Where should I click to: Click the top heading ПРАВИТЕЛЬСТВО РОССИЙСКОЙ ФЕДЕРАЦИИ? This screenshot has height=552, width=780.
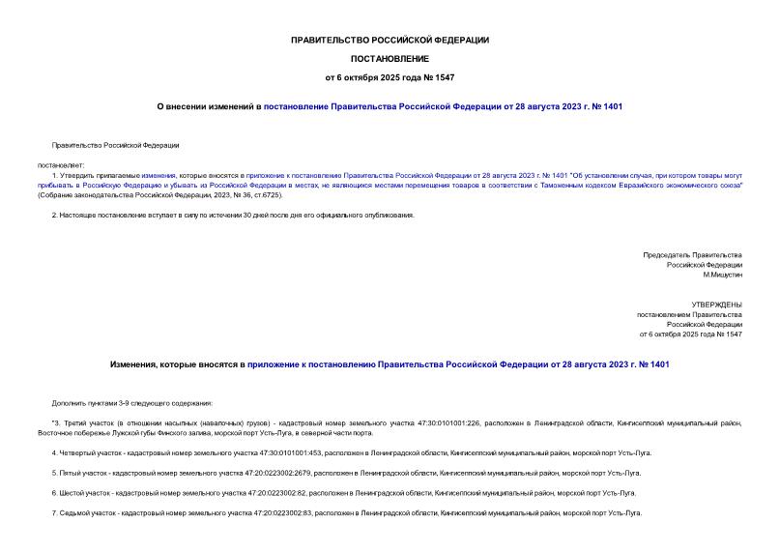(x=390, y=40)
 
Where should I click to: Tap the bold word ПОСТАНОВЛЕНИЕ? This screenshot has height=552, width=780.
(x=390, y=58)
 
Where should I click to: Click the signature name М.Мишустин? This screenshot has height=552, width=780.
(x=722, y=275)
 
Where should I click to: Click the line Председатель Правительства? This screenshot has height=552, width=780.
(x=693, y=254)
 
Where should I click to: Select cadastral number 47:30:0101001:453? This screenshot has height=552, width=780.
(x=292, y=452)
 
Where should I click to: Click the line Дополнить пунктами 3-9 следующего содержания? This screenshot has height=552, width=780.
(x=132, y=402)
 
